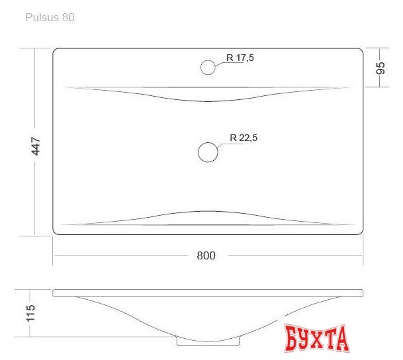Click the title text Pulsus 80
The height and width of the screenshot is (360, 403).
[50, 18]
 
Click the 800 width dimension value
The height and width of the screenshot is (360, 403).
[206, 255]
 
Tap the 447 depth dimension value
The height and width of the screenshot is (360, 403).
[36, 146]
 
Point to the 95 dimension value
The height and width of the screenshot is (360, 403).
[381, 68]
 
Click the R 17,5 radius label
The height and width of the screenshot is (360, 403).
[240, 58]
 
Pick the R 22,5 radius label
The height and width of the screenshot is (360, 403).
[244, 138]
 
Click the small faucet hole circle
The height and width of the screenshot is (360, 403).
[208, 67]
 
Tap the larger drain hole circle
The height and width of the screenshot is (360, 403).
[208, 152]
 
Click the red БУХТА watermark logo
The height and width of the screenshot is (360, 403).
[318, 338]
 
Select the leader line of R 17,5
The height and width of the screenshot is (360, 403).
[220, 63]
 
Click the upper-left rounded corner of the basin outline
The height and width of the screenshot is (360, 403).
[56, 50]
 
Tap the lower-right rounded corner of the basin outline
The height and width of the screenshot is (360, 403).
[361, 232]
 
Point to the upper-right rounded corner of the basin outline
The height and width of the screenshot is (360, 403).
[361, 50]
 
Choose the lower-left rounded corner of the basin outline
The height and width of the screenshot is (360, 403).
[56, 232]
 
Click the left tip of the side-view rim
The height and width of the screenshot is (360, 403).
[54, 292]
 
